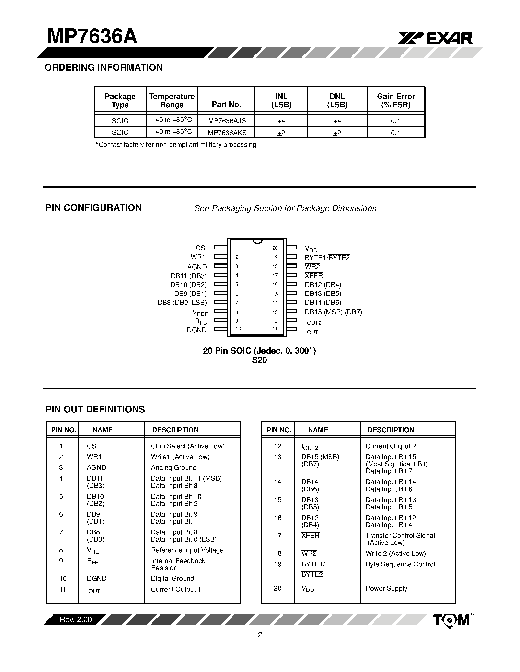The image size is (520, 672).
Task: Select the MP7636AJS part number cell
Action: (227, 121)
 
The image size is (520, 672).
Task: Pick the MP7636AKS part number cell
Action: (227, 133)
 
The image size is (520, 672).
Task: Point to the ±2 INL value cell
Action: (281, 133)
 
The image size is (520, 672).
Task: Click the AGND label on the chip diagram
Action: (197, 267)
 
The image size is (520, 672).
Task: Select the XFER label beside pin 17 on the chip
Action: (314, 276)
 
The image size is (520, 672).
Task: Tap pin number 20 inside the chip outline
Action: (275, 248)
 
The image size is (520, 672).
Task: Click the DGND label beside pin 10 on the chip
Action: (196, 330)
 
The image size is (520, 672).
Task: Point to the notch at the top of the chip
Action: (257, 241)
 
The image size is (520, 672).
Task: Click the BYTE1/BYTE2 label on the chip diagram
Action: (327, 258)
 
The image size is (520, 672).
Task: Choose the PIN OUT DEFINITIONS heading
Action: (95, 409)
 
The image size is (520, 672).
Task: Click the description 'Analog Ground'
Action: (173, 468)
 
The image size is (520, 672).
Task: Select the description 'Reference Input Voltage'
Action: (187, 550)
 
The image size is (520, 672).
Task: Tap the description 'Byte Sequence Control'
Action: (400, 564)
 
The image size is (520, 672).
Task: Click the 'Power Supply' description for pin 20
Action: (386, 588)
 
